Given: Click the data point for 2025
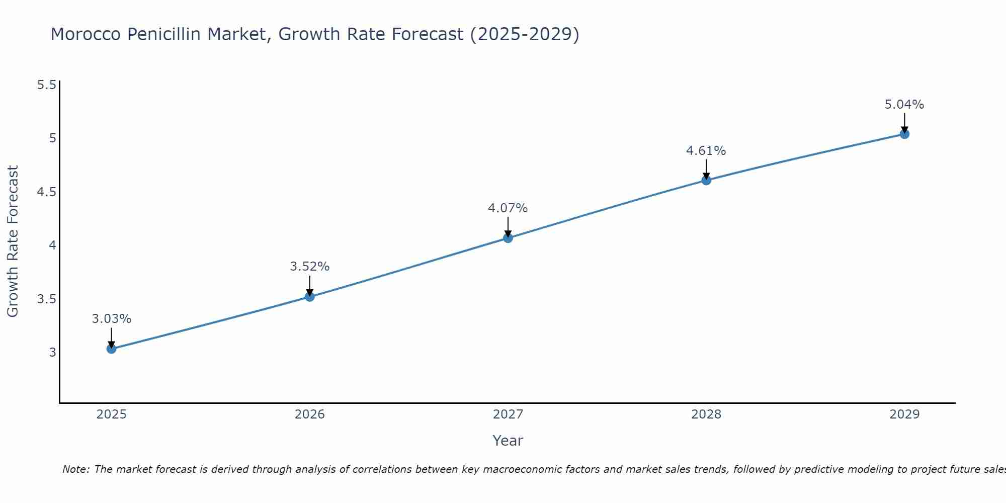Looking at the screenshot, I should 112,349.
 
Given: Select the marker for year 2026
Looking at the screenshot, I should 310,297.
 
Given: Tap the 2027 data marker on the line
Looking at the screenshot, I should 508,238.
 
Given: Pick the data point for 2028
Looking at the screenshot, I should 706,180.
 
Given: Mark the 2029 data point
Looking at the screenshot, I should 904,134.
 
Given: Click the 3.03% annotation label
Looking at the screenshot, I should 112,319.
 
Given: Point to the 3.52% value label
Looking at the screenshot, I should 310,267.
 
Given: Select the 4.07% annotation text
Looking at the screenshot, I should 508,208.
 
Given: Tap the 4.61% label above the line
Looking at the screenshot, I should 706,151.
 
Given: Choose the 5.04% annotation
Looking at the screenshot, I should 904,105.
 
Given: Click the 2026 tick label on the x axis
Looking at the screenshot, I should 310,414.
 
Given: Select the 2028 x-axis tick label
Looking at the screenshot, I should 706,414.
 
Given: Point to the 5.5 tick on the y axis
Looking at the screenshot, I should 46,85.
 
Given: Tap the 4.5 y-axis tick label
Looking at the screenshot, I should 46,192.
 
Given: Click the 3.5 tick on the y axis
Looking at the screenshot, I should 46,299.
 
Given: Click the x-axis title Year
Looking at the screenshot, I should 508,441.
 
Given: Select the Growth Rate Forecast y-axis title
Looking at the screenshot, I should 13,241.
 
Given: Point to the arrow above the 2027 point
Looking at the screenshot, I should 508,226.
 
